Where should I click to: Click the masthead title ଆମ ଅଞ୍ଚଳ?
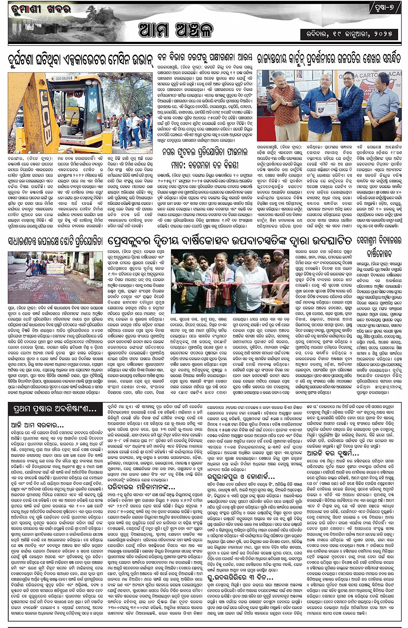[x=176, y=30]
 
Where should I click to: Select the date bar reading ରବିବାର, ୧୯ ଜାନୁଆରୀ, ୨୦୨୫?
[x=350, y=34]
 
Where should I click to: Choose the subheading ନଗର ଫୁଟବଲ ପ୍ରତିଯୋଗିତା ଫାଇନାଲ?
[x=205, y=152]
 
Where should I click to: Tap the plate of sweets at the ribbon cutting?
[x=271, y=301]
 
